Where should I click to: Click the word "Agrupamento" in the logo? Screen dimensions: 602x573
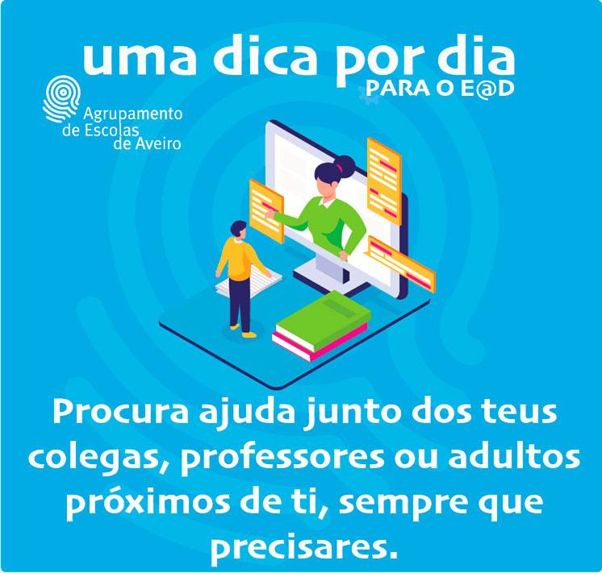[x=133, y=114]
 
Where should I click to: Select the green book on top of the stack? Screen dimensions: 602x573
[x=324, y=320]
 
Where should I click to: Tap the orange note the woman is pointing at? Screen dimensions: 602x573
[x=266, y=210]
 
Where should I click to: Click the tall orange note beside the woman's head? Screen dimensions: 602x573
[x=384, y=181]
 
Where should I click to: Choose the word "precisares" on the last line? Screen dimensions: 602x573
[x=298, y=546]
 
